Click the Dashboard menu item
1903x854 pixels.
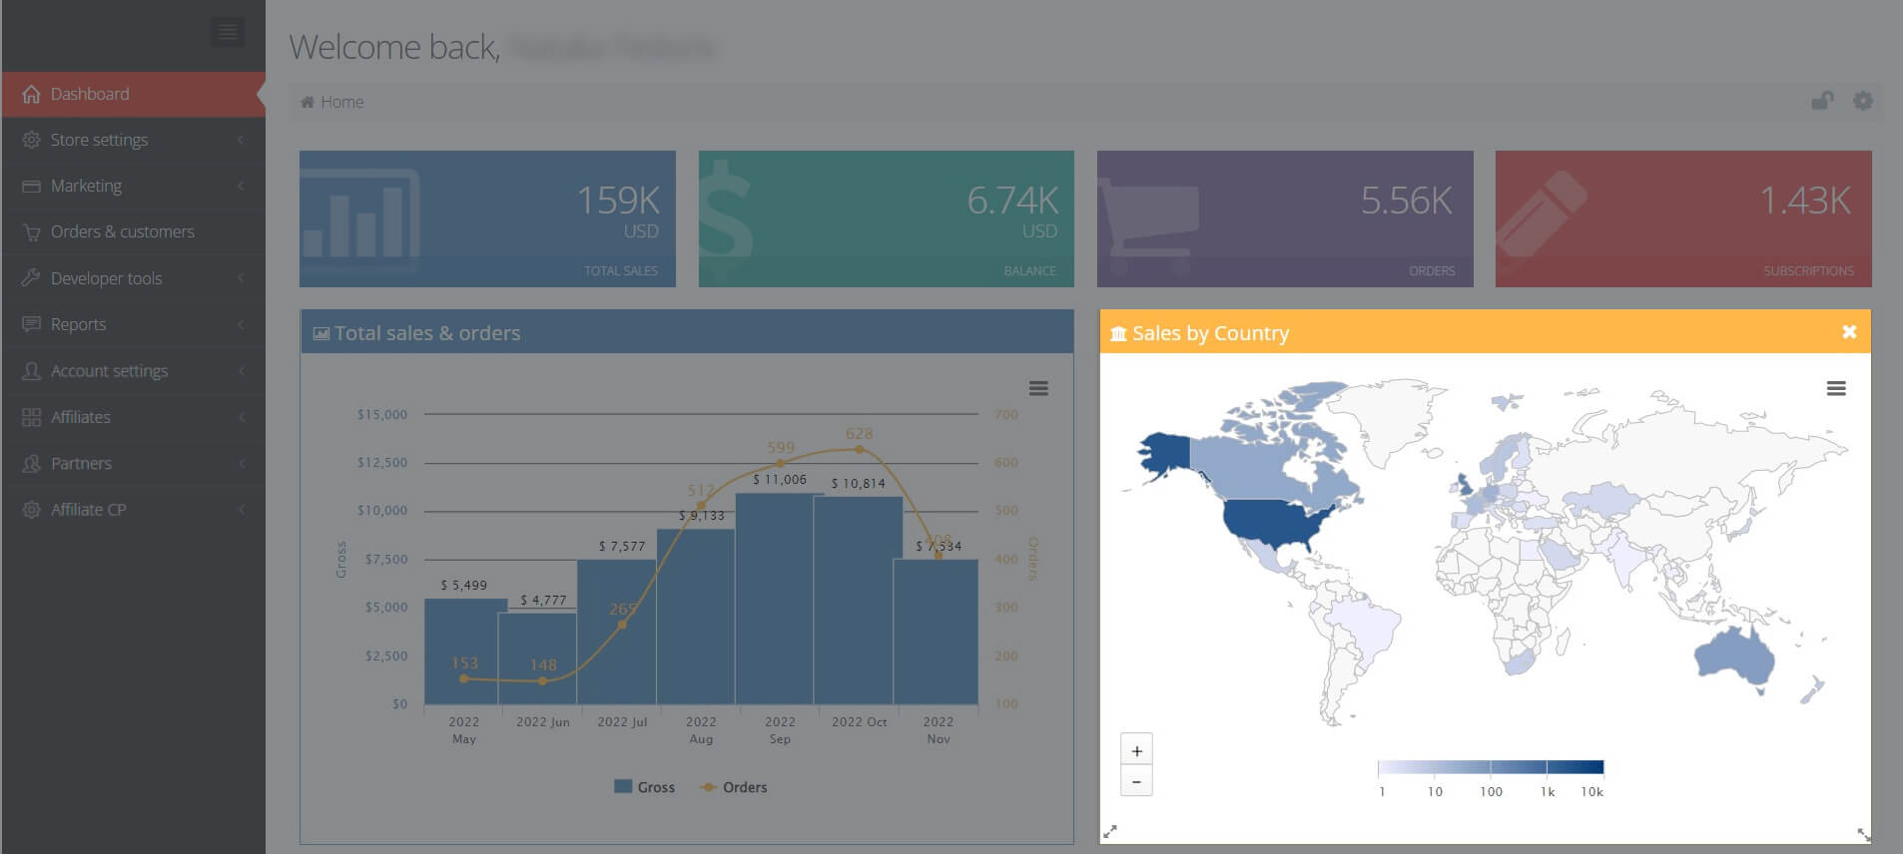90,94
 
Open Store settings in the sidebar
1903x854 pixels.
99,140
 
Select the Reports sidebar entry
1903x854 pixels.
78,324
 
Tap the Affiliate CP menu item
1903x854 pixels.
88,510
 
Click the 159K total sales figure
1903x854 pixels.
618,201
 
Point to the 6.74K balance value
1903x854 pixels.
1011,201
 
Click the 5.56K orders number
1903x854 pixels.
1406,201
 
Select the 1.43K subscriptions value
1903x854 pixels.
1804,201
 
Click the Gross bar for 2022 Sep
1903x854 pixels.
780,599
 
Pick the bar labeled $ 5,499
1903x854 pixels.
464,648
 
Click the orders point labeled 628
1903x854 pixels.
860,450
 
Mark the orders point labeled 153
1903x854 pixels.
464,678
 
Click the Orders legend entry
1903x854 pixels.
735,787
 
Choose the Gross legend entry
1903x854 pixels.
645,787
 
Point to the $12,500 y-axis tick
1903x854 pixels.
382,463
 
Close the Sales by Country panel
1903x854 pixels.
1849,332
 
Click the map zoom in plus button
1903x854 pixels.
1136,751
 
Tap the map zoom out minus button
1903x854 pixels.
1136,781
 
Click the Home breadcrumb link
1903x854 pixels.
341,102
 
